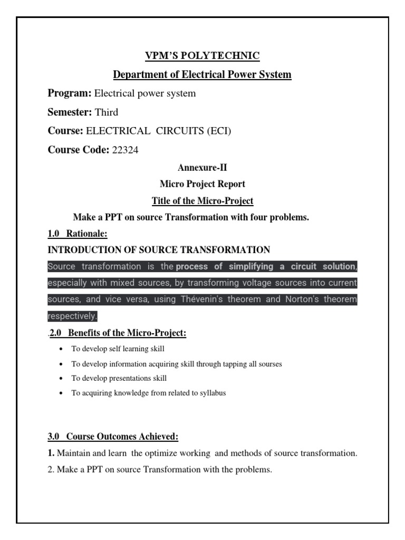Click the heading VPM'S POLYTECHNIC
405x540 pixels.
[202, 55]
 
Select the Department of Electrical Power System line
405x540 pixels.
[202, 74]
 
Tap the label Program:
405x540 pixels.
[70, 93]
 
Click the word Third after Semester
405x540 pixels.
[107, 112]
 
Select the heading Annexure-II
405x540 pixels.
[202, 168]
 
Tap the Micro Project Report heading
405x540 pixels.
[202, 184]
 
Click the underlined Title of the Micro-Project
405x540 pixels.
[202, 200]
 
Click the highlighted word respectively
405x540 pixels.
[72, 316]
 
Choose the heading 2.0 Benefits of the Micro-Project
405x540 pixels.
[118, 333]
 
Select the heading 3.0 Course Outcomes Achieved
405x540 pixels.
[113, 437]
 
